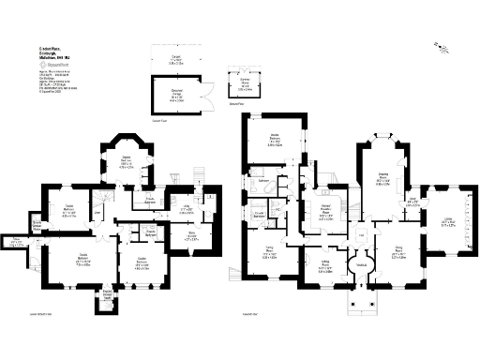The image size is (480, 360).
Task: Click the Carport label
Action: (x=175, y=60)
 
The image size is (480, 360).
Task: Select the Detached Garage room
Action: (x=176, y=93)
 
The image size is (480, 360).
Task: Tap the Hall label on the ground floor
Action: (x=361, y=234)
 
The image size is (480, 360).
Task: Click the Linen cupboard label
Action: (x=97, y=215)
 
